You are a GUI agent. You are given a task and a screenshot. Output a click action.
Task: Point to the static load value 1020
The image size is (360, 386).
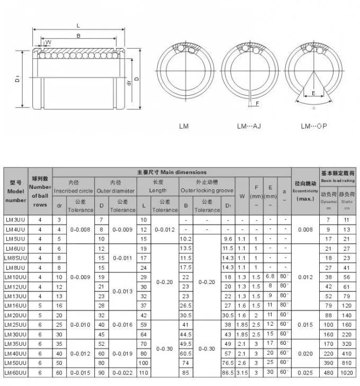(x=346, y=372)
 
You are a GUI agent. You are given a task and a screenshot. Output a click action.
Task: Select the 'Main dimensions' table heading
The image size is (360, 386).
(x=172, y=172)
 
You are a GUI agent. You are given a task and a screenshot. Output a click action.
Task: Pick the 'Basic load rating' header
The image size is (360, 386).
(x=338, y=177)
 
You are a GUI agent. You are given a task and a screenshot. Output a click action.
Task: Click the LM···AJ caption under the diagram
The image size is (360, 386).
(x=249, y=126)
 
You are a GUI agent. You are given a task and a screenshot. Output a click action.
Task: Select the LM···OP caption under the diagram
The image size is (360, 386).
(x=313, y=126)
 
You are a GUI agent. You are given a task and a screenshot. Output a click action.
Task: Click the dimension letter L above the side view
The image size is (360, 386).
(x=78, y=25)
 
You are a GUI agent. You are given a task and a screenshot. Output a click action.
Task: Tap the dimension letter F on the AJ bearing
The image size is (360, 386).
(x=257, y=104)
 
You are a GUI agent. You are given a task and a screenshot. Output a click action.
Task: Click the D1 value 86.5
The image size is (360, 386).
(x=228, y=372)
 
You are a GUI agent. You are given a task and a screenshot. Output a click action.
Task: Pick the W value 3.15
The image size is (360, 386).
(x=242, y=372)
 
